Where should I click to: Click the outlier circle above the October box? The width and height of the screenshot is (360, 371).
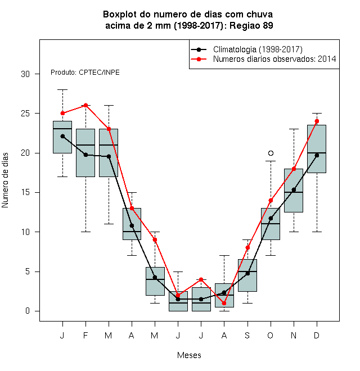pyautogui.click(x=271, y=153)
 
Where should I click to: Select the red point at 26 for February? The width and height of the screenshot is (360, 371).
pyautogui.click(x=85, y=105)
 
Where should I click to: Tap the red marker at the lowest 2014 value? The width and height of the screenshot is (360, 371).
pyautogui.click(x=224, y=303)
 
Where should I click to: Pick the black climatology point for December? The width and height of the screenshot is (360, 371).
pyautogui.click(x=317, y=156)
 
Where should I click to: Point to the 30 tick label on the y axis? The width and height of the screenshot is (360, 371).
pyautogui.click(x=25, y=74)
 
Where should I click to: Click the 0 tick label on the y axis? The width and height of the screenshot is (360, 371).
pyautogui.click(x=28, y=311)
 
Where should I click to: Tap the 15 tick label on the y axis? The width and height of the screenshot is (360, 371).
pyautogui.click(x=25, y=192)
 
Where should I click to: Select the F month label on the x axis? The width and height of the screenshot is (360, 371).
pyautogui.click(x=85, y=335)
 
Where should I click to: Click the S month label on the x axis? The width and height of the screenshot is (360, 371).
pyautogui.click(x=247, y=335)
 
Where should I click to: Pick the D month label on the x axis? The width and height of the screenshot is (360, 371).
pyautogui.click(x=317, y=335)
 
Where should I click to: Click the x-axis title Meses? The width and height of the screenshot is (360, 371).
pyautogui.click(x=189, y=355)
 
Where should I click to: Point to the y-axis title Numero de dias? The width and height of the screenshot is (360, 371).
pyautogui.click(x=5, y=180)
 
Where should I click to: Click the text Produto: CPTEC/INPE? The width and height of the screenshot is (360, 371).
pyautogui.click(x=85, y=73)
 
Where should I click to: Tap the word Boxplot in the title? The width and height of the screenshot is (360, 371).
pyautogui.click(x=120, y=15)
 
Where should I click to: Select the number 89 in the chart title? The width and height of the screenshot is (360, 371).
pyautogui.click(x=268, y=25)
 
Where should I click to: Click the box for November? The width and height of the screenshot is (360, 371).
pyautogui.click(x=294, y=191)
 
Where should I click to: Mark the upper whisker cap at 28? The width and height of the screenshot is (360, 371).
pyautogui.click(x=62, y=90)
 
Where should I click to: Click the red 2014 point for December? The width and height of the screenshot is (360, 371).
pyautogui.click(x=317, y=121)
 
